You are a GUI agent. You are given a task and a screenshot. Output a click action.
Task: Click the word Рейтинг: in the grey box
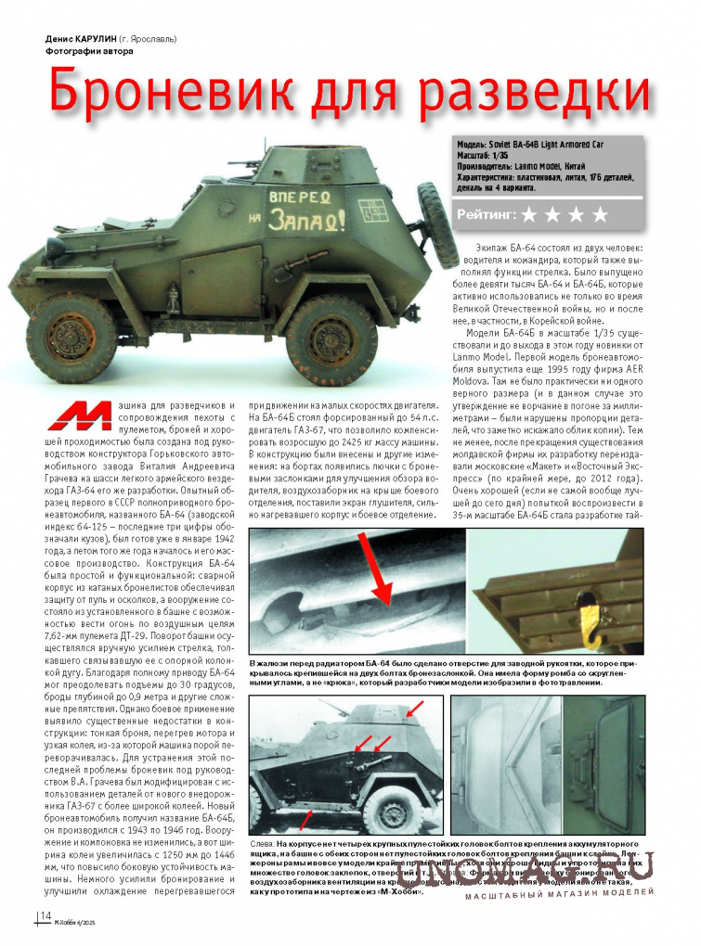486,215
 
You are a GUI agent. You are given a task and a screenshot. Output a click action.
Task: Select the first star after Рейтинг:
529,215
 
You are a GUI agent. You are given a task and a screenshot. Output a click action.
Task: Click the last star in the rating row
600,215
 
